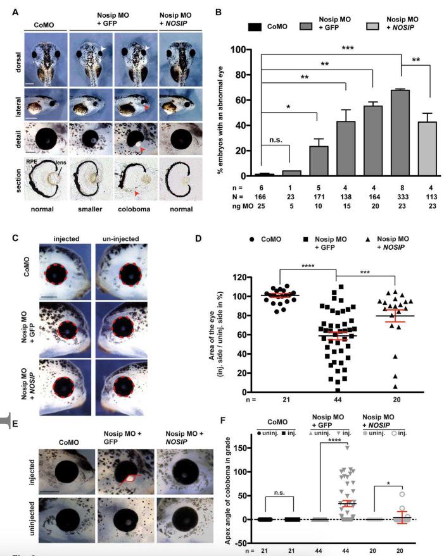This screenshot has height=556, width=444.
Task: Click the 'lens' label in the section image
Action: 59,162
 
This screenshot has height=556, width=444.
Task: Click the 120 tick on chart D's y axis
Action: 240,277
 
